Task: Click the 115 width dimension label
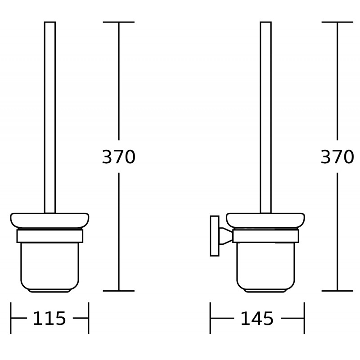(x=49, y=319)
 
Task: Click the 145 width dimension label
(x=256, y=319)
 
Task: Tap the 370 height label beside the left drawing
(x=119, y=157)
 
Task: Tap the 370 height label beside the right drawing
(x=337, y=157)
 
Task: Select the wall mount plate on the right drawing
(x=215, y=236)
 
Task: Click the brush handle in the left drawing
(x=50, y=117)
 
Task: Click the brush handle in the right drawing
(x=265, y=117)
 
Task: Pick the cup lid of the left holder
(x=49, y=220)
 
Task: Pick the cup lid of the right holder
(x=265, y=220)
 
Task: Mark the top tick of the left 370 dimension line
(x=119, y=22)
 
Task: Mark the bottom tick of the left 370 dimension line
(x=119, y=291)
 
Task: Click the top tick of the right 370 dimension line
(x=337, y=22)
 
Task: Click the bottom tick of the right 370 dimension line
(x=337, y=291)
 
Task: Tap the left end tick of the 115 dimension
(x=11, y=318)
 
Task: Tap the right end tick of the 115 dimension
(x=88, y=318)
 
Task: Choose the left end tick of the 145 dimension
(x=210, y=318)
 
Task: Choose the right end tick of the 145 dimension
(x=305, y=318)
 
